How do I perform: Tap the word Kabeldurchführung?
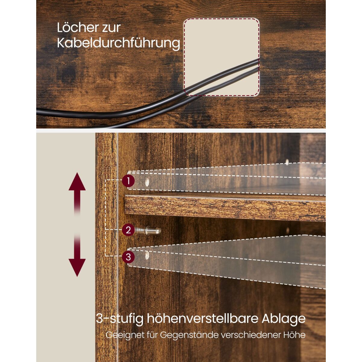point(119,43)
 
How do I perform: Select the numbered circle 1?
point(128,181)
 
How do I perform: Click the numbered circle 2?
point(128,230)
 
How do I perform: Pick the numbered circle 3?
point(128,257)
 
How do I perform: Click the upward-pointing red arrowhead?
point(77,182)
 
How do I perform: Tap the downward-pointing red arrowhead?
point(77,268)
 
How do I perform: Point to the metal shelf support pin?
point(148,230)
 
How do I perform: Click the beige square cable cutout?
point(221,57)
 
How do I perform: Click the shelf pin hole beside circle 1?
point(147,182)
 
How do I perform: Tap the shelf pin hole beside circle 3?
point(147,255)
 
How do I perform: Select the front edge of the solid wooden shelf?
point(225,209)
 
